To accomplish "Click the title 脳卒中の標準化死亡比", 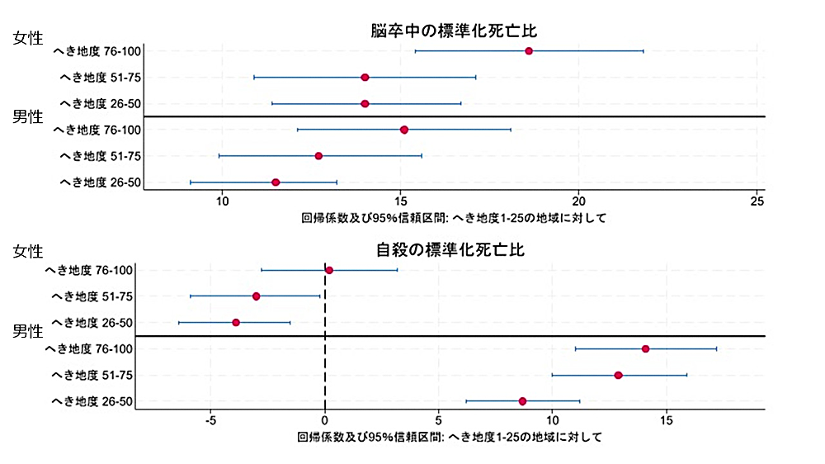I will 454,31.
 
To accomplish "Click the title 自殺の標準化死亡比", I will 454,249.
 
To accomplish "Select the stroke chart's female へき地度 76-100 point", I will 529,51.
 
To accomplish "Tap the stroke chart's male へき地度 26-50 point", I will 276,182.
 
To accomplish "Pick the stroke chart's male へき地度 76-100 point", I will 404,130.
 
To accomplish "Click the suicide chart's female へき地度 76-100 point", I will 329,270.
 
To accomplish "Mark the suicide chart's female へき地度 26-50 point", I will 236,322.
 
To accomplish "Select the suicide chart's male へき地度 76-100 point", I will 645,348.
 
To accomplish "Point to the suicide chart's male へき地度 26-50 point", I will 522,401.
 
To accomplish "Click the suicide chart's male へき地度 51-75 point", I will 618,375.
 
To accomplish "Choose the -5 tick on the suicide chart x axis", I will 210,420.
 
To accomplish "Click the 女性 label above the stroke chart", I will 28,38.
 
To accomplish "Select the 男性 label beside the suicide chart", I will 28,332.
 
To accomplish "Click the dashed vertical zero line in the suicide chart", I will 325,363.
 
